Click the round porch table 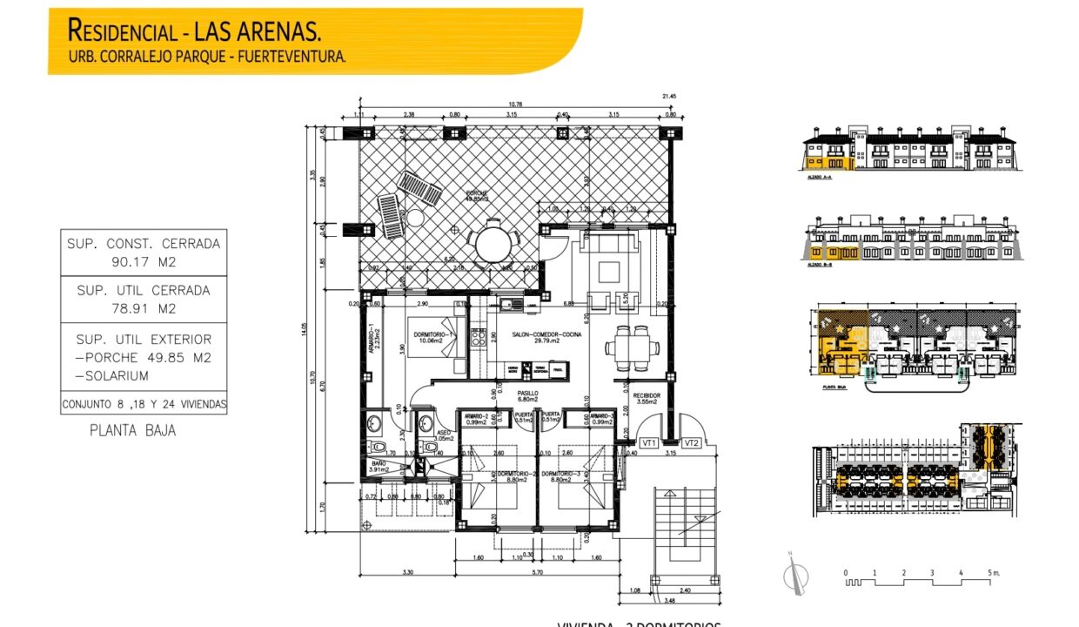(496, 242)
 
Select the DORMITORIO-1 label (430, 334)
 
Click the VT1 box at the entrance (648, 443)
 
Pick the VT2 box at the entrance (693, 443)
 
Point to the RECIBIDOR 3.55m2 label (647, 399)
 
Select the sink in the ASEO (426, 424)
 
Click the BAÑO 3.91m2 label (379, 467)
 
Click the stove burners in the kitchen (478, 337)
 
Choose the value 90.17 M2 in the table (144, 260)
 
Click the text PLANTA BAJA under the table (132, 430)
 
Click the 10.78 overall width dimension (517, 104)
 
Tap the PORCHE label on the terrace (475, 195)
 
